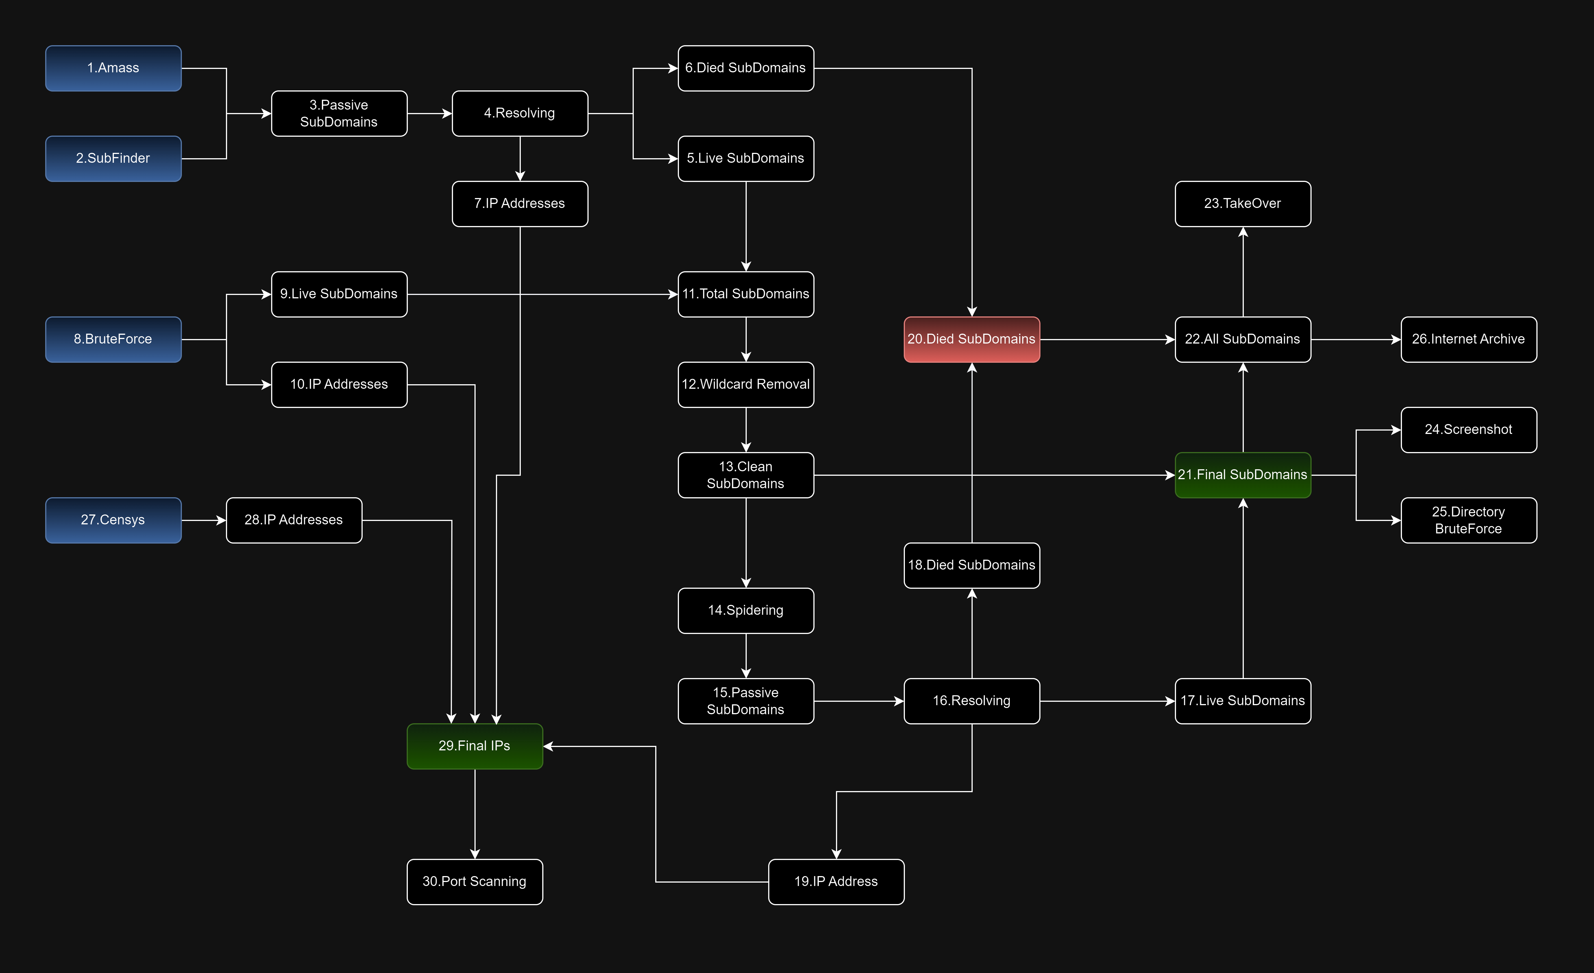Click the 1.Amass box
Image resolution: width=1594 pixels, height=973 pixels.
click(113, 68)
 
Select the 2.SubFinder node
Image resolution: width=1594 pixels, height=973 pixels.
click(113, 158)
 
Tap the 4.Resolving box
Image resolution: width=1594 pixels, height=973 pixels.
click(519, 113)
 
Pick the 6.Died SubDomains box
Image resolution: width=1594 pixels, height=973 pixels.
click(745, 68)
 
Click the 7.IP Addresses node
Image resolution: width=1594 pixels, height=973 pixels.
click(519, 204)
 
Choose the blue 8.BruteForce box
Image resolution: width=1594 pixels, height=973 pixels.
click(113, 339)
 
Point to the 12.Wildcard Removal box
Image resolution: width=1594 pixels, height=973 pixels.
click(745, 384)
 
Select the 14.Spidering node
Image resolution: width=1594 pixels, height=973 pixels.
click(745, 610)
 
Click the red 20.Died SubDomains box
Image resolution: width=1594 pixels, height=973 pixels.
click(971, 339)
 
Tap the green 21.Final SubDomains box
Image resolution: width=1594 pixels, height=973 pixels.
click(1242, 475)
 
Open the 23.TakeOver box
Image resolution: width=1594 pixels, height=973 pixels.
click(1242, 204)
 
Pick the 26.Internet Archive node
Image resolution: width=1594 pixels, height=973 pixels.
click(1468, 339)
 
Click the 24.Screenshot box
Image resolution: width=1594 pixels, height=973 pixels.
click(1468, 429)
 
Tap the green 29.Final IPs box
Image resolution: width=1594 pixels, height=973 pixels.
click(474, 746)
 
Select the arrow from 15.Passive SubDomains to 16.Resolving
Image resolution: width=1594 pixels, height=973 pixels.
click(859, 701)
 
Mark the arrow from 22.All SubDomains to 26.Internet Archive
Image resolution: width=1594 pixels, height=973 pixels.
click(1355, 339)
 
